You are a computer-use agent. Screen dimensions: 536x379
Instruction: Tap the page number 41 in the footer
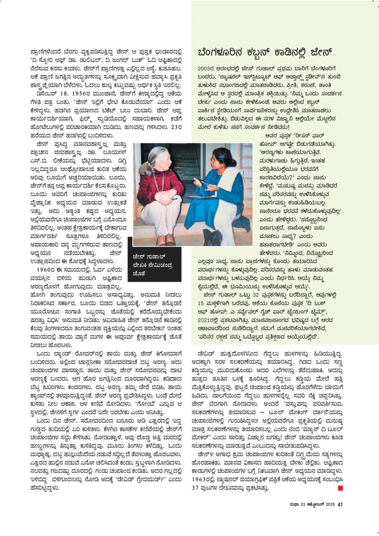click(x=340, y=504)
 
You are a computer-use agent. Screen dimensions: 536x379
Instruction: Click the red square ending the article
click(x=340, y=488)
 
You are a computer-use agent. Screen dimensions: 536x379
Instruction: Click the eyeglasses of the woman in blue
click(x=214, y=159)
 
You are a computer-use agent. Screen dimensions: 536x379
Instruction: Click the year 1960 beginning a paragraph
click(x=45, y=270)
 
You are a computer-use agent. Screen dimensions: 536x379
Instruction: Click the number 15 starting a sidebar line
click(x=201, y=303)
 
